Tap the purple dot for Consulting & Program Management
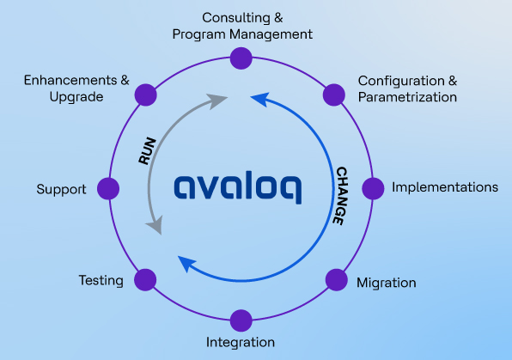241,58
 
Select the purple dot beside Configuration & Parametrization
334,95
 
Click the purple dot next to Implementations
373,188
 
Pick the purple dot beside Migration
337,280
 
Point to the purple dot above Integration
241,320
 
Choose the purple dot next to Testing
145,280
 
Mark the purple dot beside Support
108,188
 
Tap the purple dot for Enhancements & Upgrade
146,95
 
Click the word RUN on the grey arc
147,150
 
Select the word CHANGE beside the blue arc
341,196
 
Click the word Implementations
445,187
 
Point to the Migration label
387,283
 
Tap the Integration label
241,342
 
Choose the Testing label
101,281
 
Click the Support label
61,189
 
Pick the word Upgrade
76,97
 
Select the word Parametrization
407,97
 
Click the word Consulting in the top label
236,18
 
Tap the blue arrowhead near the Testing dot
186,263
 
